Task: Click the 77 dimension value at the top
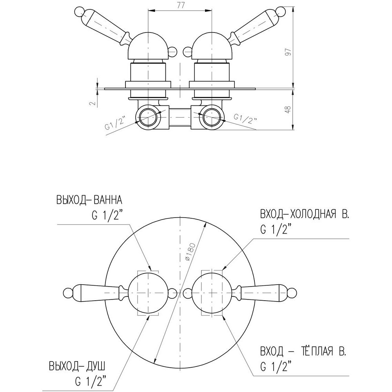[x=180, y=5]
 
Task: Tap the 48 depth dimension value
[x=288, y=110]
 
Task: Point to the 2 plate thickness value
[x=93, y=103]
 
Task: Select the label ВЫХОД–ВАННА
[x=89, y=200]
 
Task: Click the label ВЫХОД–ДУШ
[x=77, y=367]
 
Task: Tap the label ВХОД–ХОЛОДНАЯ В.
[x=304, y=214]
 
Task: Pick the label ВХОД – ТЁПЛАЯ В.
[x=303, y=352]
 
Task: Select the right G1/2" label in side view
[x=245, y=118]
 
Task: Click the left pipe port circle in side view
[x=149, y=117]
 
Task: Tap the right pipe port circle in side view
[x=212, y=117]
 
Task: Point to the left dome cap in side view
[x=148, y=47]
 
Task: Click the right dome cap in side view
[x=212, y=47]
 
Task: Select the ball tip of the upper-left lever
[x=81, y=12]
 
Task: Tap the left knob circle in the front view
[x=148, y=293]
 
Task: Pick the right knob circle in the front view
[x=212, y=293]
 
